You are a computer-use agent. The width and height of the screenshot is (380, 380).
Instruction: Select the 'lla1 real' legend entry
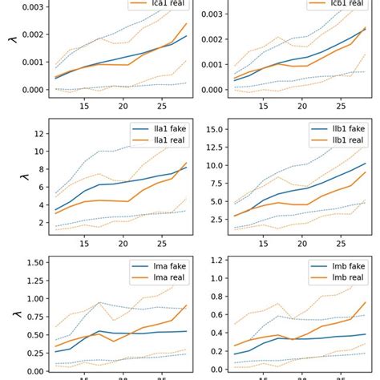tap(164, 141)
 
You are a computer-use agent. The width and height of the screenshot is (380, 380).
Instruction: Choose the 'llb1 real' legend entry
tap(343, 141)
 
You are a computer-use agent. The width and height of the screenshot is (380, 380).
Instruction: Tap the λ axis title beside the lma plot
tap(10, 315)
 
